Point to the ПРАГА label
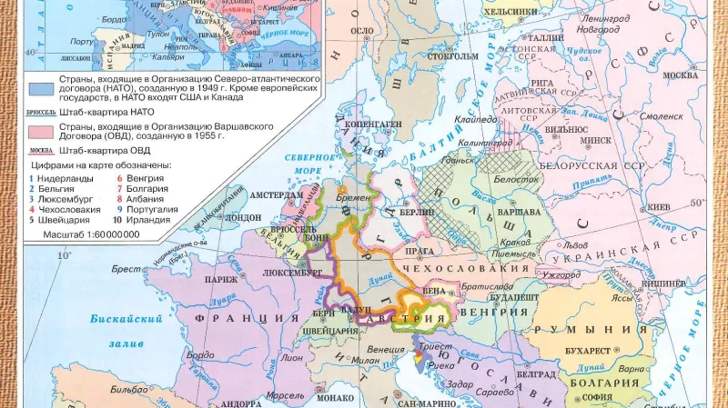[x=420, y=250]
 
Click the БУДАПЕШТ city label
[x=517, y=297]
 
